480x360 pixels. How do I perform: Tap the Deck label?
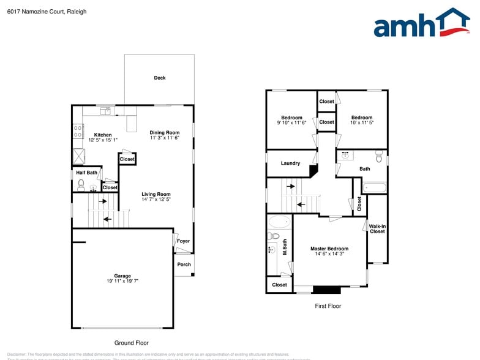click(160, 78)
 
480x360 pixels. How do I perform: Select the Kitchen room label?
click(103, 135)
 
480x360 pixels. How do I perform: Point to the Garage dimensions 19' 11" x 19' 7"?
click(122, 281)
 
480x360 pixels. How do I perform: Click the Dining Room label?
click(165, 132)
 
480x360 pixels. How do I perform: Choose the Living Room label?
click(156, 195)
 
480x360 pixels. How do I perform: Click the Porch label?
click(184, 264)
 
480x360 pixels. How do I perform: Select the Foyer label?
click(183, 241)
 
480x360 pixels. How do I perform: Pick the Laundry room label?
click(290, 163)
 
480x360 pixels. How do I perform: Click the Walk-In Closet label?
click(377, 229)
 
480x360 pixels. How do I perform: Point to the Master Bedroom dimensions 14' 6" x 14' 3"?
click(329, 253)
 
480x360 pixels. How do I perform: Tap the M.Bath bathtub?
click(279, 222)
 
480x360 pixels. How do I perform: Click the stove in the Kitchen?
click(78, 130)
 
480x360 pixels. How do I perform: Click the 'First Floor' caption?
click(328, 306)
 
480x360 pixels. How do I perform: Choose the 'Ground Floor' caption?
click(131, 343)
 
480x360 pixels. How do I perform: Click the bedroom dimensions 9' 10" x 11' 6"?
click(291, 123)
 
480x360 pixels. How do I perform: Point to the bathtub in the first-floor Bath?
click(373, 187)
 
